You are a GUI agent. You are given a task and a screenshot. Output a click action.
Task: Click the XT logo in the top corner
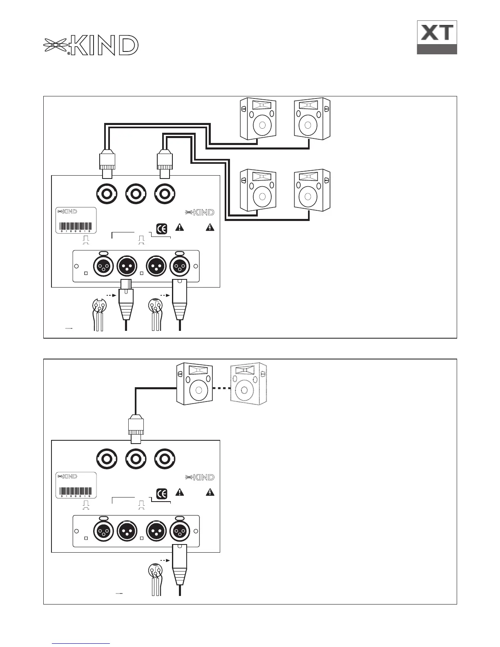coord(437,37)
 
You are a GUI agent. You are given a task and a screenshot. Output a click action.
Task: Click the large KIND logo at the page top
coord(91,45)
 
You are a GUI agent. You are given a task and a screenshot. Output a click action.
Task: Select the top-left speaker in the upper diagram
coord(257,119)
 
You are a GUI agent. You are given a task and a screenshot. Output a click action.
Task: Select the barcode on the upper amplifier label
coord(76,227)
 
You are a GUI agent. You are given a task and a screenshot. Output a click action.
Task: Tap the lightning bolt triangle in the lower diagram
coord(210,492)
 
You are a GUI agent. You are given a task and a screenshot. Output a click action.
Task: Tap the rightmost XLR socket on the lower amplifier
coord(179,531)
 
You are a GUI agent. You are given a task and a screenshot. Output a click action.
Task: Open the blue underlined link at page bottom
coord(81,643)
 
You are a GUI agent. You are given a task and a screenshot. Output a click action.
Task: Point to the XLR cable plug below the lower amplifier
coord(180,564)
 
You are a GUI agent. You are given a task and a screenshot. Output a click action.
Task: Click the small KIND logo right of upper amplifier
coord(200,212)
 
